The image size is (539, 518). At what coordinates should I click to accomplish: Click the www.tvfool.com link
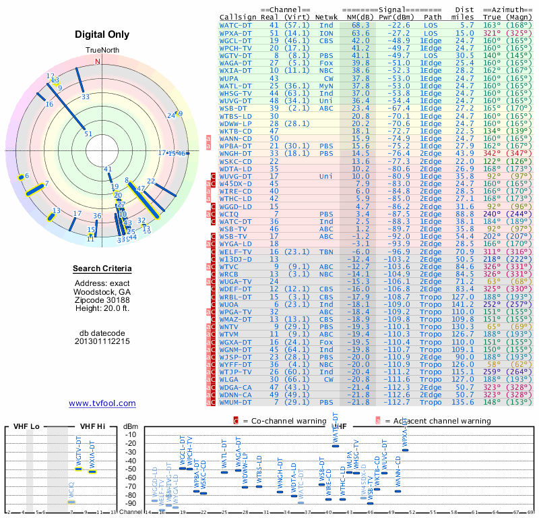tap(102, 403)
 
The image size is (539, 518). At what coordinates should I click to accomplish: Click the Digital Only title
tap(102, 34)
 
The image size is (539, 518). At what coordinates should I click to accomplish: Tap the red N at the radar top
tap(98, 61)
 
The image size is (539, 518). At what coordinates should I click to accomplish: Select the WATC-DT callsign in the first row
tap(236, 25)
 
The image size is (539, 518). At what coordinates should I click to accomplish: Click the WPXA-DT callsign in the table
tap(236, 32)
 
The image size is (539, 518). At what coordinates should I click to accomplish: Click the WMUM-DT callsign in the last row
tap(236, 402)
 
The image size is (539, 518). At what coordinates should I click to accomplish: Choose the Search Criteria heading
tap(102, 269)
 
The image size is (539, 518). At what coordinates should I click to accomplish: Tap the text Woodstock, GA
tap(102, 291)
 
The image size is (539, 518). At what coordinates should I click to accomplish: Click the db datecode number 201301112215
tap(102, 341)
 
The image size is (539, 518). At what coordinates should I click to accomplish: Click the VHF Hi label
tap(92, 427)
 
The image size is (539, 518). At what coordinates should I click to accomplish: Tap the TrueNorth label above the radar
tap(102, 51)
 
